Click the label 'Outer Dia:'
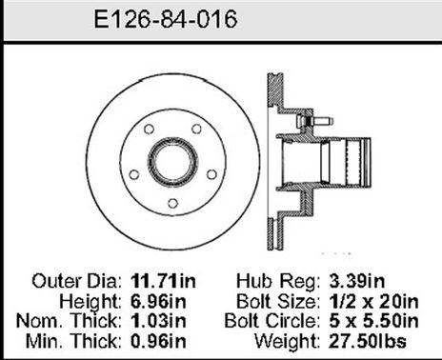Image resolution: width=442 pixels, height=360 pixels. pyautogui.click(x=77, y=282)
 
